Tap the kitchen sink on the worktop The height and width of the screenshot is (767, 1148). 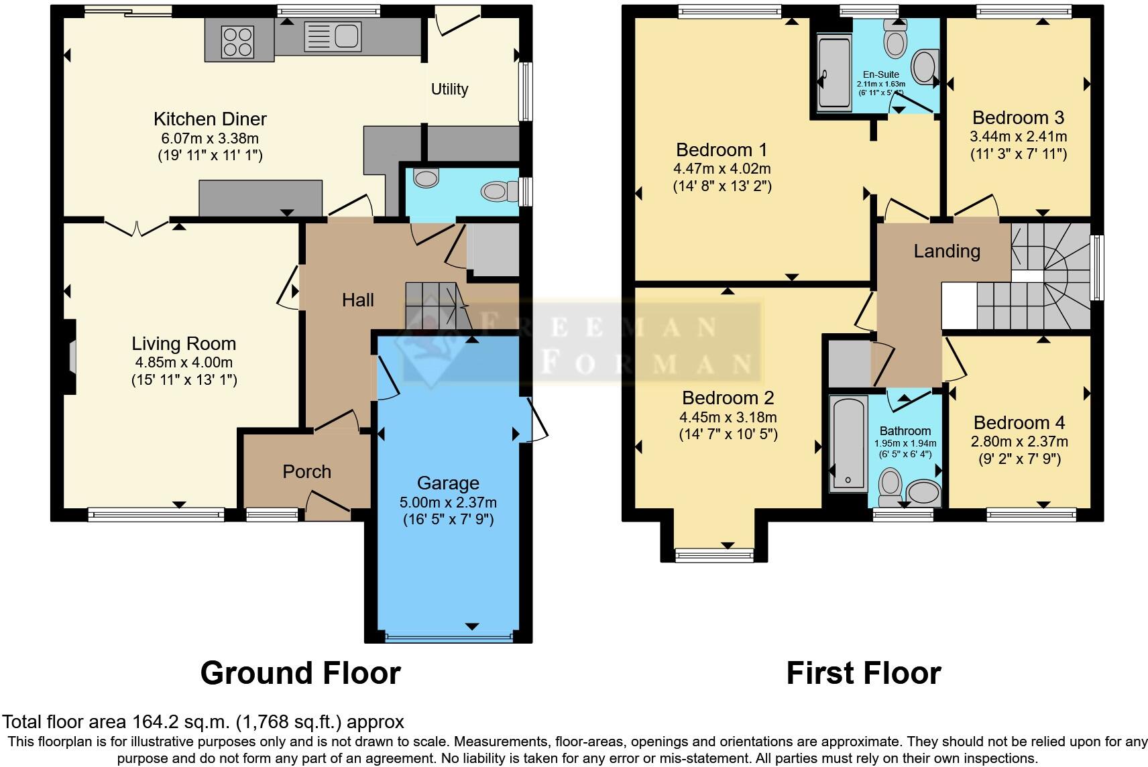333,35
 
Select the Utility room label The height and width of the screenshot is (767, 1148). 449,89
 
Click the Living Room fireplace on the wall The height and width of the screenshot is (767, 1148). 71,356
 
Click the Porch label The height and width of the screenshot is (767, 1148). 306,471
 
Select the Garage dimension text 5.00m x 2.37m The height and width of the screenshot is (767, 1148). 448,502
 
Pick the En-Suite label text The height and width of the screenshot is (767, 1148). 881,74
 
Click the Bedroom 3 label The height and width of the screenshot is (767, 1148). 1018,118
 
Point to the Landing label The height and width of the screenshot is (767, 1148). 947,251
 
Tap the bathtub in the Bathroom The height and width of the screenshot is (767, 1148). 848,442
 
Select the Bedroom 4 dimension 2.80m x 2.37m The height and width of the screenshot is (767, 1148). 1019,442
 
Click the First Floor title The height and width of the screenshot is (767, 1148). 863,673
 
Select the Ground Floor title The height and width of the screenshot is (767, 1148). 300,673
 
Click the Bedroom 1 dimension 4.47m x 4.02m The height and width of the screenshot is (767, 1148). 722,168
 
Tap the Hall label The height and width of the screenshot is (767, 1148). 357,300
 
